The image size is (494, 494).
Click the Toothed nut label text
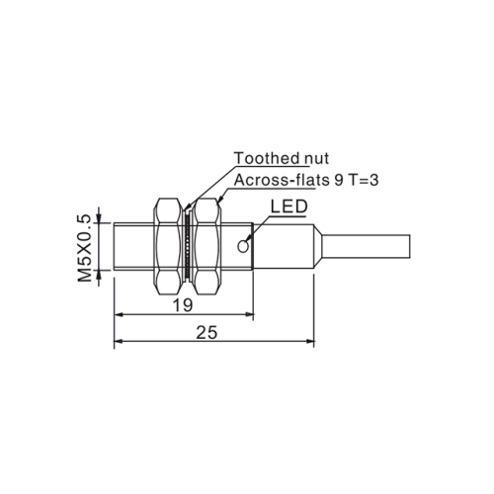tap(281, 158)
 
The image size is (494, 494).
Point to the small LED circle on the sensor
tap(248, 239)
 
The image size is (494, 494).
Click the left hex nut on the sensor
tap(167, 246)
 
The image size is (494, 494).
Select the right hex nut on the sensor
tap(206, 246)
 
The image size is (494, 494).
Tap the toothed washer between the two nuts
tap(186, 246)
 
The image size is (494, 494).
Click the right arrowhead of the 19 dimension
tap(250, 316)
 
